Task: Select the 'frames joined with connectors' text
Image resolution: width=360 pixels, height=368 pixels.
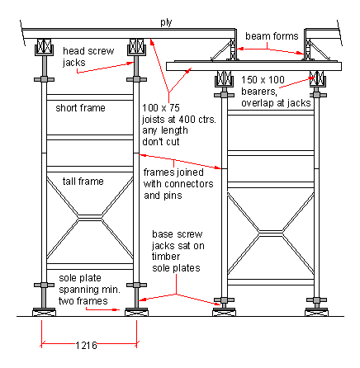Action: [x=178, y=184]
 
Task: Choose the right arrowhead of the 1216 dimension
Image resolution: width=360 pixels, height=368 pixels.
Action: [x=134, y=339]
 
